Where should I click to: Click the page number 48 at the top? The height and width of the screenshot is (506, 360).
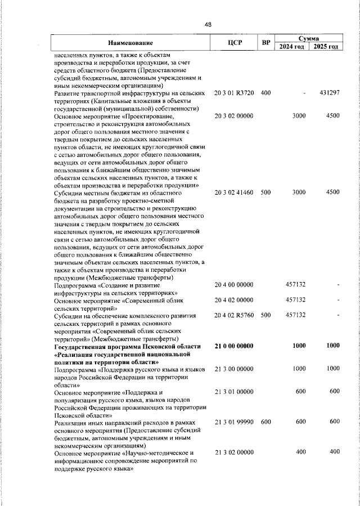[208, 25]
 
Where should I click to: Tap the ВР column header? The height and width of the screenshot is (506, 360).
[266, 43]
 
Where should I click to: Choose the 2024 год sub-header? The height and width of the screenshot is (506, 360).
[292, 47]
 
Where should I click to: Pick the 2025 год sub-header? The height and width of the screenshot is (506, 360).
[326, 47]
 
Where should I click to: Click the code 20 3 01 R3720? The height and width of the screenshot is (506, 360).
[234, 92]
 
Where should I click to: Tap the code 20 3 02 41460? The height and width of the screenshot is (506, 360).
[234, 192]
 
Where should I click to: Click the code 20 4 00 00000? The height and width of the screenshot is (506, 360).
[234, 285]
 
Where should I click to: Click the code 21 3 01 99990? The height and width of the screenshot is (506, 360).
[234, 422]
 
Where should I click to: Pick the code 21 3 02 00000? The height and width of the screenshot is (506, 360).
[234, 452]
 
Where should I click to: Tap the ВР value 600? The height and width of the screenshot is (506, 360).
[266, 422]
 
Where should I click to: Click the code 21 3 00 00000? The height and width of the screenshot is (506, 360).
[234, 368]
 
